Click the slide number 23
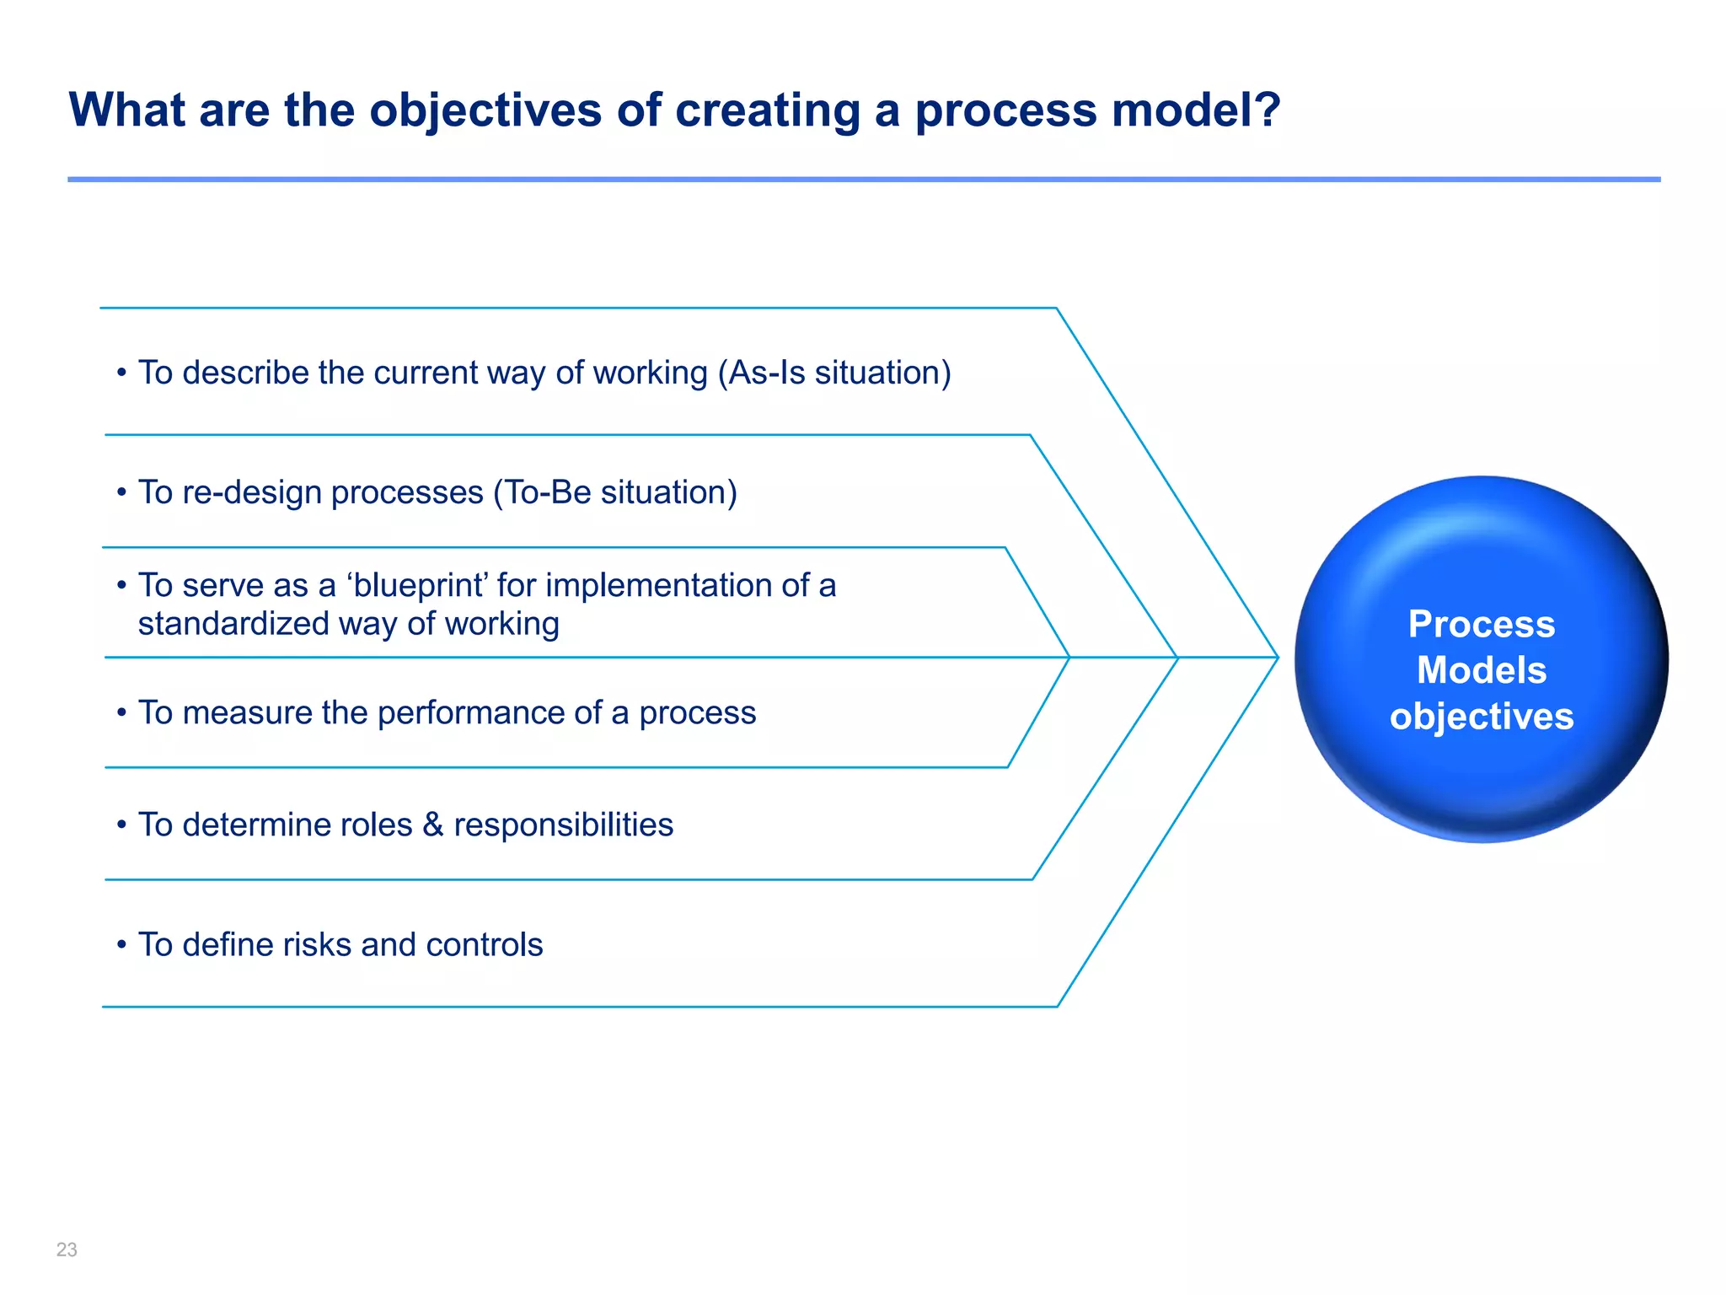[67, 1249]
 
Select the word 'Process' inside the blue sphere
[1481, 624]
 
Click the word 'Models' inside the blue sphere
[1481, 670]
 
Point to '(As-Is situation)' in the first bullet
[834, 373]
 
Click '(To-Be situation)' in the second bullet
[615, 492]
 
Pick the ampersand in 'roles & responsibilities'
[433, 825]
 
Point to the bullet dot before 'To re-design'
[121, 492]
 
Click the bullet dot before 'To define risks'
[121, 944]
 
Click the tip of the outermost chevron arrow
[1277, 657]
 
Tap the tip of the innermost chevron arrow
[1069, 657]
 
